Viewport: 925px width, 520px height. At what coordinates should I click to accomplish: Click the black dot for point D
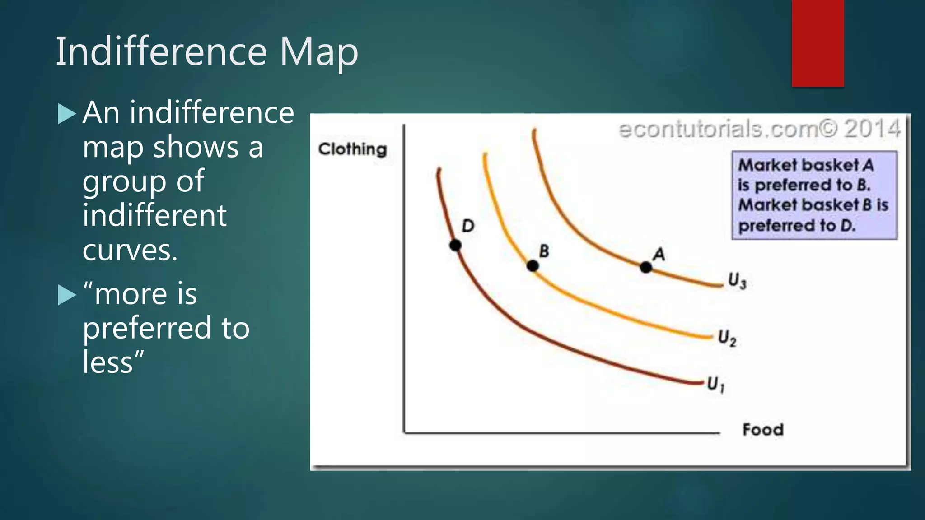click(x=455, y=245)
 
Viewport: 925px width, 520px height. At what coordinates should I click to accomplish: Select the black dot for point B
click(x=533, y=266)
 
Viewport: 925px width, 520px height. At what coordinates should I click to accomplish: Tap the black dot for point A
click(x=646, y=267)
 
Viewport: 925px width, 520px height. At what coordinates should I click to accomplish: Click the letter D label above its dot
click(x=468, y=226)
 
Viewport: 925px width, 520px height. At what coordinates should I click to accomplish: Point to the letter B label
click(x=544, y=251)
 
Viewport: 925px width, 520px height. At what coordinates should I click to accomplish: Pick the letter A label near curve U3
click(x=659, y=254)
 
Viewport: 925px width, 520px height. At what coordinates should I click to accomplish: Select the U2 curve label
click(x=727, y=338)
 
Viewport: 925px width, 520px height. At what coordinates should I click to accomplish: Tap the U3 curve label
click(x=737, y=280)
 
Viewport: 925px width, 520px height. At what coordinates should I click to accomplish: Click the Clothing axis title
click(x=352, y=149)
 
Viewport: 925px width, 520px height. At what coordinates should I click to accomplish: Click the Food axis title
click(x=763, y=429)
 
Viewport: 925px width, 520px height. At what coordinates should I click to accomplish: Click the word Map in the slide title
click(x=318, y=52)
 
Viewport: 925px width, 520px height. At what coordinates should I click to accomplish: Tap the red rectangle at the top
click(x=818, y=43)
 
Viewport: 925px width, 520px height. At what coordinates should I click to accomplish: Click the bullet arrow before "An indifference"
click(x=67, y=114)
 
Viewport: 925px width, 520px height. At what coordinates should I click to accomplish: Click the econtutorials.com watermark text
click(x=718, y=130)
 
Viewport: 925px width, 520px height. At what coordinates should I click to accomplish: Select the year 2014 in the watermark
click(x=872, y=129)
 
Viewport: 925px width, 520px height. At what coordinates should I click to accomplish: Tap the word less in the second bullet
click(x=108, y=362)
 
